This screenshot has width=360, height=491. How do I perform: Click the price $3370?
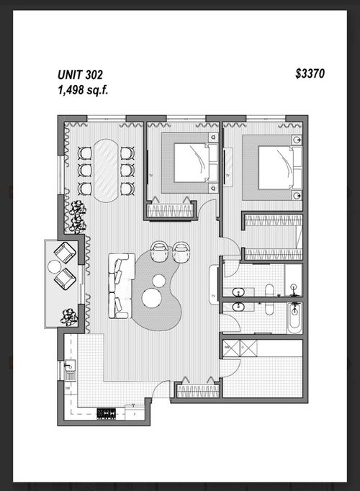pyautogui.click(x=310, y=73)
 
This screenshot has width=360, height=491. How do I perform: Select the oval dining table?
pyautogui.click(x=106, y=168)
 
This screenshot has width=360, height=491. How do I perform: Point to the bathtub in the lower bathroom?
pyautogui.click(x=294, y=317)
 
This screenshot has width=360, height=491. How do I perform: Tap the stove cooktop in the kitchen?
pyautogui.click(x=107, y=413)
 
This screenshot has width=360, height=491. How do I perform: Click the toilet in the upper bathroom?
pyautogui.click(x=269, y=290)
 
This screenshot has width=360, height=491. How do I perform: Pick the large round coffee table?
pyautogui.click(x=152, y=297)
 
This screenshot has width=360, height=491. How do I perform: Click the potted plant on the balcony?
pyautogui.click(x=70, y=315)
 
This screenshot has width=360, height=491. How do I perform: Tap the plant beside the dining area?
pyautogui.click(x=77, y=214)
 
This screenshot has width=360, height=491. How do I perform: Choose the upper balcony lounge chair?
pyautogui.click(x=65, y=252)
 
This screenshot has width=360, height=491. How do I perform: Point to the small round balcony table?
pyautogui.click(x=55, y=266)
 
